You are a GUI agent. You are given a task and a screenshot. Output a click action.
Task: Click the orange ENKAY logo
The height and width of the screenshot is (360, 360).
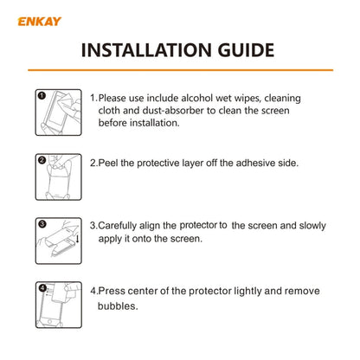click(40, 22)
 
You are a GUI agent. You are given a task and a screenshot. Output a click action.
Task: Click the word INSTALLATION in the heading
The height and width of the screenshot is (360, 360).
click(146, 50)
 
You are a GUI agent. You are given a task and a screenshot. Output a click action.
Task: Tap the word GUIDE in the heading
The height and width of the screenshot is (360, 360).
click(246, 50)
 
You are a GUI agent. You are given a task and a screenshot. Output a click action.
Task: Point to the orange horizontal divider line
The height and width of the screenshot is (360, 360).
click(181, 70)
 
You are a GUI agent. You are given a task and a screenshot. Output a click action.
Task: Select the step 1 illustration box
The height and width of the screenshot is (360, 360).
click(59, 112)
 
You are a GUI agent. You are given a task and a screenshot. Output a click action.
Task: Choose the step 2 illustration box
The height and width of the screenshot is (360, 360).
click(59, 177)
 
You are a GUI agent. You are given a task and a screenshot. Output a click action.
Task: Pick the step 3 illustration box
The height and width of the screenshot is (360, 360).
click(59, 241)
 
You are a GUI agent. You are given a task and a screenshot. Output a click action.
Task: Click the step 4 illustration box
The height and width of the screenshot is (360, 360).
click(59, 305)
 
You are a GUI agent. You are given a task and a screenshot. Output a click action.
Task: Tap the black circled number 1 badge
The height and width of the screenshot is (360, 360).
click(42, 95)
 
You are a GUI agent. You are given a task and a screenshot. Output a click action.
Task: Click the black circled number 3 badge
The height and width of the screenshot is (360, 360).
click(42, 224)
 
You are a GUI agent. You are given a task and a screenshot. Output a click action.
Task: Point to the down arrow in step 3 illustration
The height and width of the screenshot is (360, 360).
click(77, 239)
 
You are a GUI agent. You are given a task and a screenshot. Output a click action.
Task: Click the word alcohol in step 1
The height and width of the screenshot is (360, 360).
click(197, 98)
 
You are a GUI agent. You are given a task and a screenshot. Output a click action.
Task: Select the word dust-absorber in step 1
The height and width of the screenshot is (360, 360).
click(169, 111)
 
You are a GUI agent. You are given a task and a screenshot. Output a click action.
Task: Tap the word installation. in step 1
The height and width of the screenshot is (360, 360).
click(155, 123)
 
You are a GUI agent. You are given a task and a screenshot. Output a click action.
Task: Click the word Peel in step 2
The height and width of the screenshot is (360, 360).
click(108, 163)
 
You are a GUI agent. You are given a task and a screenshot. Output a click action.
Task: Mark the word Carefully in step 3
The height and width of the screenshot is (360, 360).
click(118, 226)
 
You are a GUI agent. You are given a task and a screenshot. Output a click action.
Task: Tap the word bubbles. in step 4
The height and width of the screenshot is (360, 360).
click(118, 305)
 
